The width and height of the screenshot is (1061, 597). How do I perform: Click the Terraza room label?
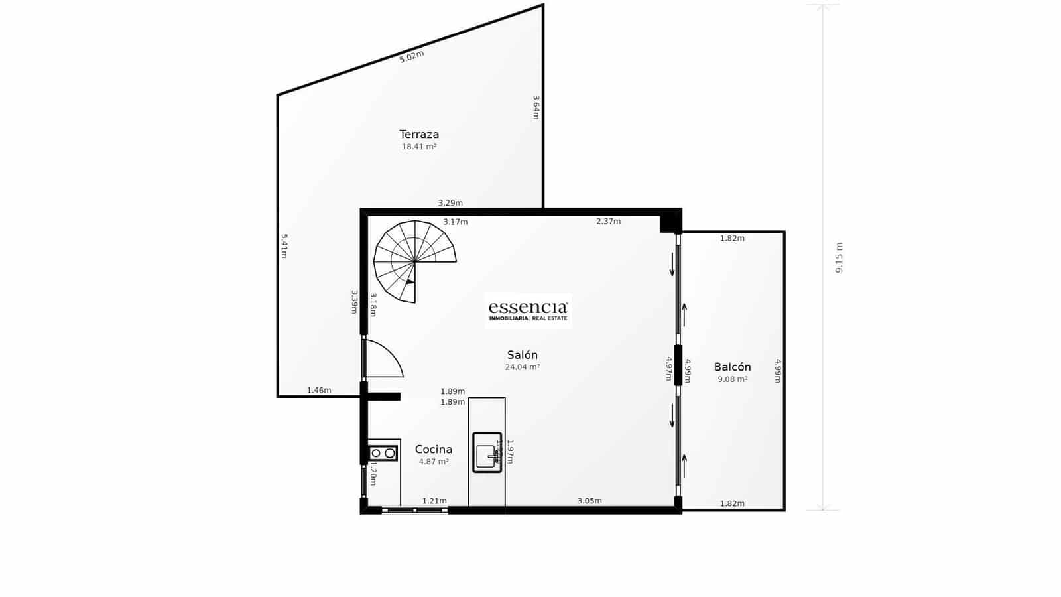tap(419, 135)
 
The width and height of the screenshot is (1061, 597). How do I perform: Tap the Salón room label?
tap(523, 355)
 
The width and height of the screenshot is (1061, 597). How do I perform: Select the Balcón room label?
tap(733, 367)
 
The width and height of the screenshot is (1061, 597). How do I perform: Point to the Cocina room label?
tap(434, 449)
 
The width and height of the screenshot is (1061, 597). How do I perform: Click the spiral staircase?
tap(412, 260)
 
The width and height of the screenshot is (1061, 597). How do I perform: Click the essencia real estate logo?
tap(528, 311)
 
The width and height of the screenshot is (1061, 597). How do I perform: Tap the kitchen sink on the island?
tap(487, 452)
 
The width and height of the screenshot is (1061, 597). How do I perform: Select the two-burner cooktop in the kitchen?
tap(383, 453)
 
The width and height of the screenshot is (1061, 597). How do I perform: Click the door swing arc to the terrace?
tap(385, 359)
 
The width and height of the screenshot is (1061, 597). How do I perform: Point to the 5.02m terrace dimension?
tap(412, 56)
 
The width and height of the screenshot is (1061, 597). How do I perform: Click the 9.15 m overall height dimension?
tap(839, 257)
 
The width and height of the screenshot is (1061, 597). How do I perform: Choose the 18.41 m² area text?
tap(419, 147)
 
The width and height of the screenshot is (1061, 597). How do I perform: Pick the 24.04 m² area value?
tap(523, 367)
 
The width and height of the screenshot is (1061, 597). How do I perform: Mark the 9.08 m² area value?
tap(733, 379)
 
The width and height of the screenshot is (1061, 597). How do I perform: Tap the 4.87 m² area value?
tap(434, 462)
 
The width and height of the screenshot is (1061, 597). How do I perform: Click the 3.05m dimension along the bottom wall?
tap(590, 501)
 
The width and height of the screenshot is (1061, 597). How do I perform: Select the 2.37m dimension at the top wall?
tap(608, 221)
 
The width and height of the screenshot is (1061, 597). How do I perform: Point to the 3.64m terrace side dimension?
tap(536, 107)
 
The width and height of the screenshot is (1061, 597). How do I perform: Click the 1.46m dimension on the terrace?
tap(319, 390)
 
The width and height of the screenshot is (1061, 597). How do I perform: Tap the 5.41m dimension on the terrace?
tap(284, 245)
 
